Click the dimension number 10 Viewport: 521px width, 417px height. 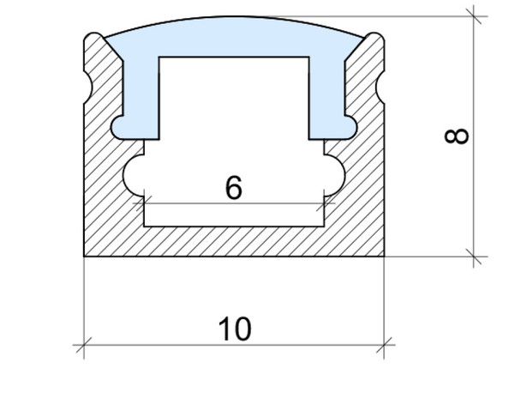coord(234,329)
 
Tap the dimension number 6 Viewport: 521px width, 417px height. coord(233,188)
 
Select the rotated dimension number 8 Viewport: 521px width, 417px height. coord(458,136)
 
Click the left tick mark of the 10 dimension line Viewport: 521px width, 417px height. coord(84,347)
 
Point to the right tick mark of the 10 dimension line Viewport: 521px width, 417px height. coord(385,347)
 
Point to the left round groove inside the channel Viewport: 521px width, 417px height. coord(135,175)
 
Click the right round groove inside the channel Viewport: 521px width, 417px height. coord(333,175)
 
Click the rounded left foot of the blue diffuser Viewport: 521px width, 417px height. coord(123,127)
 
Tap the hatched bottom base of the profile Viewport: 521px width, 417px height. coord(234,241)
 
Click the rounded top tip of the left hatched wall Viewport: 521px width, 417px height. coord(93,38)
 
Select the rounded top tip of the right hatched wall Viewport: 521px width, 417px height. coord(375,38)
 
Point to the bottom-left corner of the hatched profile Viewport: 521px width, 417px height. coord(85,256)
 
